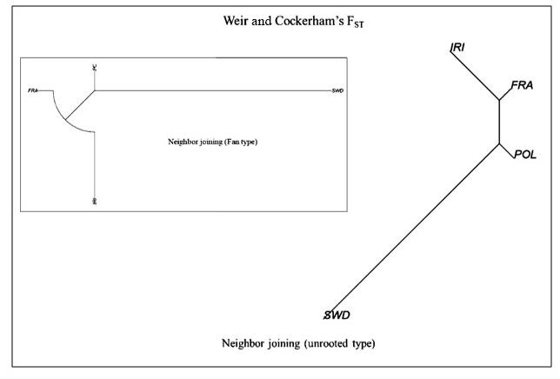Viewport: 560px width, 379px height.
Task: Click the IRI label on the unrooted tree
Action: [457, 47]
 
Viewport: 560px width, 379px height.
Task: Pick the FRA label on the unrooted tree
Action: [522, 85]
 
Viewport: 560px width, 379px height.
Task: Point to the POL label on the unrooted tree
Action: [526, 154]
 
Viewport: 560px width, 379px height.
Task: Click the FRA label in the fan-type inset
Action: [33, 90]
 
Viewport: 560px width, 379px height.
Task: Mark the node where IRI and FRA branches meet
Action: [499, 102]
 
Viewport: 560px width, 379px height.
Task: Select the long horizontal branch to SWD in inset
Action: [209, 90]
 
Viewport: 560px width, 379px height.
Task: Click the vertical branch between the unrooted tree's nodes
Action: [499, 123]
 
